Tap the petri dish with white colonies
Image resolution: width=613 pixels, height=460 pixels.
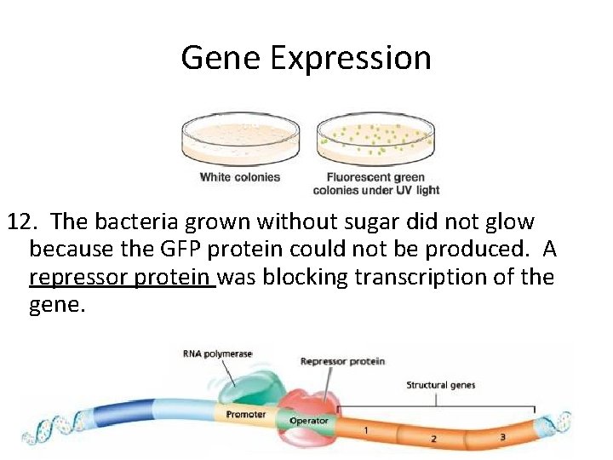pyautogui.click(x=240, y=141)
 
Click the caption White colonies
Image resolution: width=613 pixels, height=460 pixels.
pyautogui.click(x=240, y=177)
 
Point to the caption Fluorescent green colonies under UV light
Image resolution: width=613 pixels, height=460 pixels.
pyautogui.click(x=376, y=184)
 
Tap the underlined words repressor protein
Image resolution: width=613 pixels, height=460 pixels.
pyautogui.click(x=122, y=278)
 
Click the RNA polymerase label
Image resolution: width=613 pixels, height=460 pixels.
pyautogui.click(x=217, y=354)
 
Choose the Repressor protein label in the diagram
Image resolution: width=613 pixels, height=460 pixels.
pyautogui.click(x=342, y=361)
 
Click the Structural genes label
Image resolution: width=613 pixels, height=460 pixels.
pyautogui.click(x=440, y=385)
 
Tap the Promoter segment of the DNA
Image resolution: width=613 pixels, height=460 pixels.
pyautogui.click(x=246, y=415)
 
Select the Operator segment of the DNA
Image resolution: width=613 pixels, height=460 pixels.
pyautogui.click(x=308, y=421)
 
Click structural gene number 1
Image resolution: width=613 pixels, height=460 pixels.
pyautogui.click(x=366, y=430)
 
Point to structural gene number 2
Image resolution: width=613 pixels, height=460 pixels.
pyautogui.click(x=433, y=438)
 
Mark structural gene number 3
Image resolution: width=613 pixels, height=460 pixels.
pyautogui.click(x=502, y=437)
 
